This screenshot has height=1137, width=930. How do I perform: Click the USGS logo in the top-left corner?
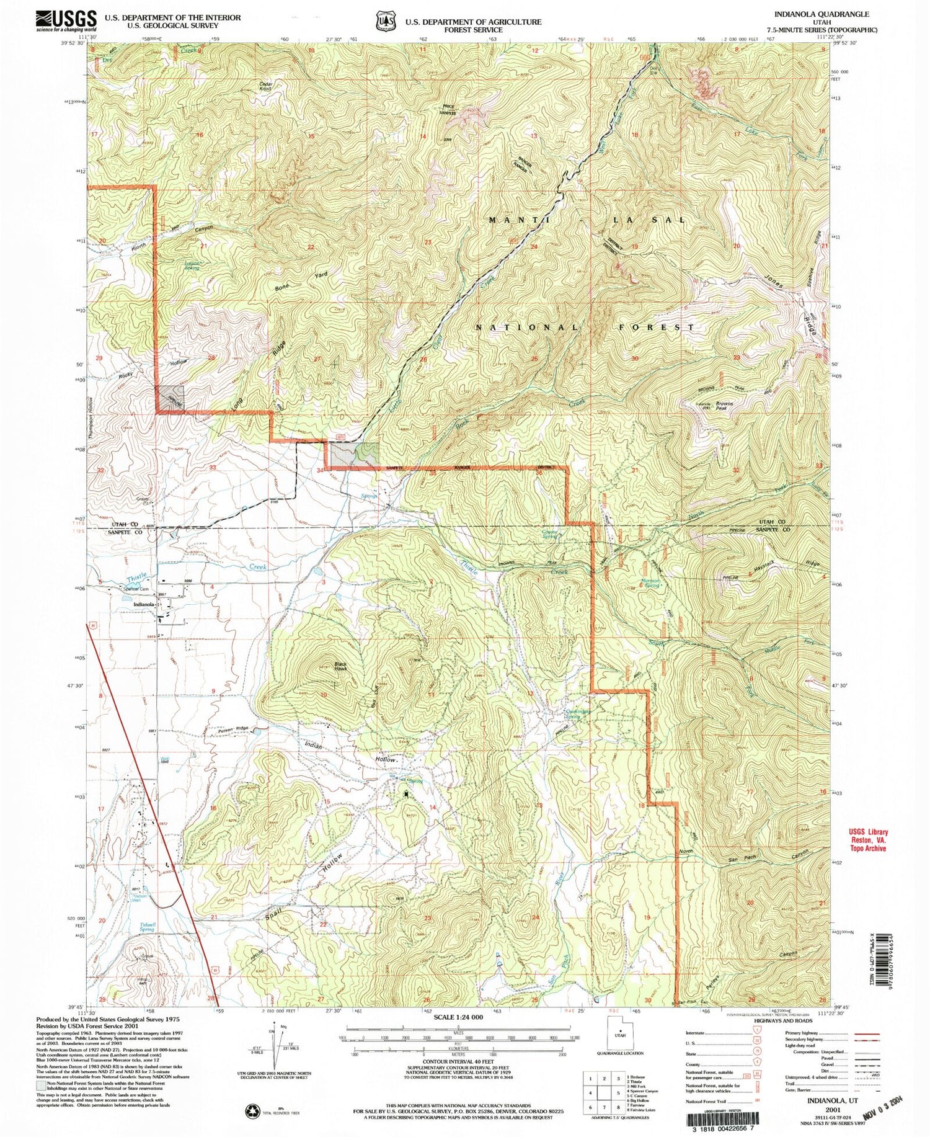pos(66,20)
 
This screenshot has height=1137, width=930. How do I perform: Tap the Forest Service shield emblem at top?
pos(385,21)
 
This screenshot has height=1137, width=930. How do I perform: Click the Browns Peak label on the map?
pos(724,406)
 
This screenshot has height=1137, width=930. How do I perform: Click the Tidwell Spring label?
pos(146,927)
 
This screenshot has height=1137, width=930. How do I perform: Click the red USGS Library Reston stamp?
pos(868,840)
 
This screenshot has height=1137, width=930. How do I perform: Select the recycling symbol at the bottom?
pos(252,1110)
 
